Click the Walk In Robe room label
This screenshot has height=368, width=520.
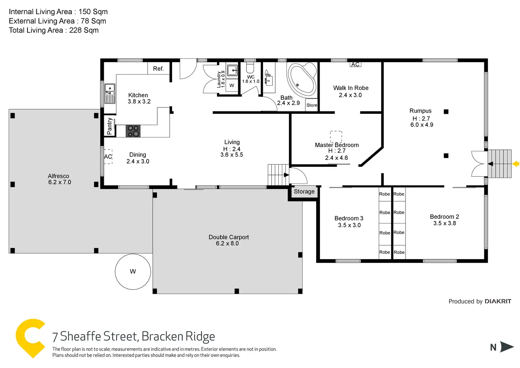click(350, 88)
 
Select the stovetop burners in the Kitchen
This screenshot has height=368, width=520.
click(133, 131)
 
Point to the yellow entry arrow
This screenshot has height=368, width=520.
click(516, 164)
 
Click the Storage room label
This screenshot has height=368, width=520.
click(304, 192)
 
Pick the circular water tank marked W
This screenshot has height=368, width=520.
click(133, 271)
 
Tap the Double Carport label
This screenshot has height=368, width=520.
click(229, 237)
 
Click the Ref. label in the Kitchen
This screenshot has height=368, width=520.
click(158, 69)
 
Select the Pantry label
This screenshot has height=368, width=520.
click(110, 126)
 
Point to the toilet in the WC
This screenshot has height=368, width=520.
click(250, 68)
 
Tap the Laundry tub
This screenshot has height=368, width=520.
click(232, 70)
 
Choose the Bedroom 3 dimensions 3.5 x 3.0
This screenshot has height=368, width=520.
click(349, 225)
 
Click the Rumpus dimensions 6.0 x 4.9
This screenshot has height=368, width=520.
click(421, 125)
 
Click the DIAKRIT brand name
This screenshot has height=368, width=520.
click(498, 302)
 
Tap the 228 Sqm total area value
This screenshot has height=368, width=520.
click(84, 30)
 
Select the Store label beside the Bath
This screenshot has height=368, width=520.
click(312, 105)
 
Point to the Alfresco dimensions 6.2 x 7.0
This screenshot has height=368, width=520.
click(60, 182)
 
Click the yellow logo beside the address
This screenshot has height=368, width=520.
click(30, 338)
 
